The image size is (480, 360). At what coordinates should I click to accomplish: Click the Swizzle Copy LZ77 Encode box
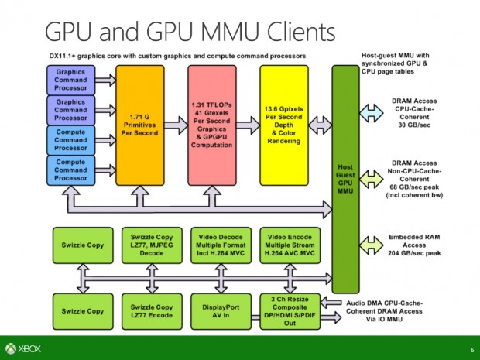coord(150,311)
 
